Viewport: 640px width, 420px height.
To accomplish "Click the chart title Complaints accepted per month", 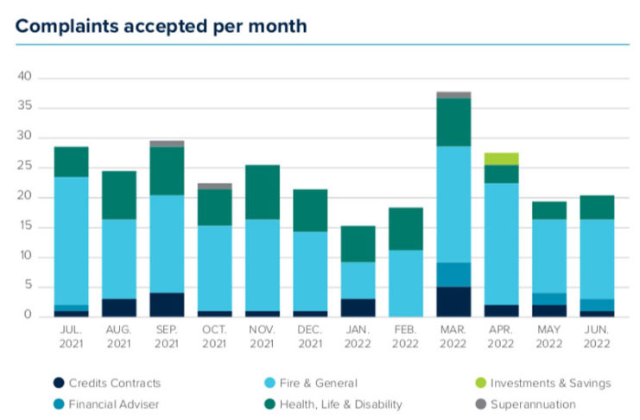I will pos(161,26).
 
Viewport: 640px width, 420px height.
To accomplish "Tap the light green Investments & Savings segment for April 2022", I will pos(501,159).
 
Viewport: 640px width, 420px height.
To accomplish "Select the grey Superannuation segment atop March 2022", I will pos(453,95).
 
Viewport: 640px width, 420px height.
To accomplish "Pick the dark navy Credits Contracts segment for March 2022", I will pos(453,302).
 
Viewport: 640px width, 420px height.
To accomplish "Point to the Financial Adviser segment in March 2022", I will pos(453,275).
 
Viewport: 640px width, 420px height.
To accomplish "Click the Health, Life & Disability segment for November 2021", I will pos(263,192).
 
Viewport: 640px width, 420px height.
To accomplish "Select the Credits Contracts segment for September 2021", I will pos(168,304).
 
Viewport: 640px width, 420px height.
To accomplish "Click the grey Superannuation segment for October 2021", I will pos(215,186).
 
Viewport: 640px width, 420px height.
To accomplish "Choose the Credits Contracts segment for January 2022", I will pos(358,307).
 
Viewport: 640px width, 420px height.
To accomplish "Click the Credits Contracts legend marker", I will pos(58,383).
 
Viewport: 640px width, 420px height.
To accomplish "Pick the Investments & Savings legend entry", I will pos(550,383).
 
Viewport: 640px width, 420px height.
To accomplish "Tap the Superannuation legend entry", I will pos(532,404).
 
